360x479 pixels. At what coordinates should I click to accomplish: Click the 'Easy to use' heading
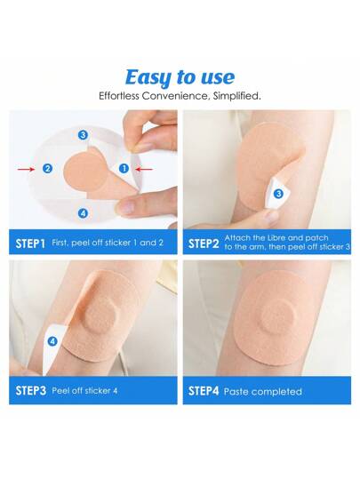click(x=180, y=77)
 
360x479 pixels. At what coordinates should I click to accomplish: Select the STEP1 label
click(x=30, y=243)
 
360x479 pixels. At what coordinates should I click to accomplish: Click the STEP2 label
click(x=204, y=243)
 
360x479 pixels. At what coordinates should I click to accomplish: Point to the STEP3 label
click(x=30, y=391)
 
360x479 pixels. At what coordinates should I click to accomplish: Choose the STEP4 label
click(x=204, y=391)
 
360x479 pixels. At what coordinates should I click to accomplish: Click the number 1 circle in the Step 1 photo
click(x=124, y=168)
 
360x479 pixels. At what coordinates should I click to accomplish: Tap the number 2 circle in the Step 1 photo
click(x=47, y=168)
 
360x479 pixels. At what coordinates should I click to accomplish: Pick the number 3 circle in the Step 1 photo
click(x=83, y=135)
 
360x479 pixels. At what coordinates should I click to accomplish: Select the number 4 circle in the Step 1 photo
click(x=84, y=213)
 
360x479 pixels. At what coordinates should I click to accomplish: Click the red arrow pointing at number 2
click(x=26, y=169)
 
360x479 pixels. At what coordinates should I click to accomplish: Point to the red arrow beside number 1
click(x=143, y=169)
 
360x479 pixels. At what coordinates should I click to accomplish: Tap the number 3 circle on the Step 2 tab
click(x=278, y=194)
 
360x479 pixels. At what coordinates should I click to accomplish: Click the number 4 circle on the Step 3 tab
click(x=52, y=341)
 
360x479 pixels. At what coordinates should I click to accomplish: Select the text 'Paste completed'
click(x=263, y=392)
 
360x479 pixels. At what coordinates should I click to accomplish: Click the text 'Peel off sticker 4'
click(x=84, y=391)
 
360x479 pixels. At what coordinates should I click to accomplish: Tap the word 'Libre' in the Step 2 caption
click(x=276, y=237)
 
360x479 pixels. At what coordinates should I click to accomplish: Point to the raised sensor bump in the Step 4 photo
click(x=278, y=316)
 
